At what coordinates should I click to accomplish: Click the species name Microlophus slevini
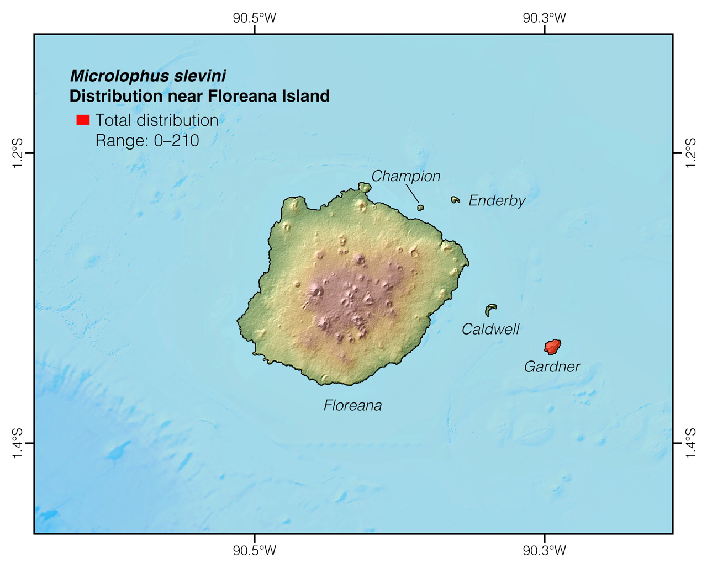(x=148, y=76)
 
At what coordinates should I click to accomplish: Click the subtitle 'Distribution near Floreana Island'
(x=199, y=96)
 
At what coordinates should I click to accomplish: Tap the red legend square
(x=83, y=120)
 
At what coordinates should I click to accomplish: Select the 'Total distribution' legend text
(x=157, y=120)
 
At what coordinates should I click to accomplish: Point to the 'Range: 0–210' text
(x=147, y=141)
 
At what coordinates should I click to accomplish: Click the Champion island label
(x=406, y=176)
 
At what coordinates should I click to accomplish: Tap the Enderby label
(x=497, y=200)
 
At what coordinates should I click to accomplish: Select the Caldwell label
(x=490, y=330)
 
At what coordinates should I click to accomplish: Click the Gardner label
(x=552, y=367)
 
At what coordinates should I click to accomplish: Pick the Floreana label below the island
(x=352, y=406)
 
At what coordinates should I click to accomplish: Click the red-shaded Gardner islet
(x=552, y=347)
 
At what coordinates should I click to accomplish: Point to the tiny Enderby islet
(x=455, y=200)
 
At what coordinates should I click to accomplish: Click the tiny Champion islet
(x=420, y=208)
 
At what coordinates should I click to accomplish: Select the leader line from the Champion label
(x=412, y=194)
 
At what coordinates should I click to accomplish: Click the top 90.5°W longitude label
(x=254, y=18)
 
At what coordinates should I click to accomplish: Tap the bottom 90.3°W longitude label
(x=545, y=550)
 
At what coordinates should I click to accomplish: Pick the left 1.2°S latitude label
(x=17, y=153)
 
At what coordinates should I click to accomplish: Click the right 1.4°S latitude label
(x=690, y=443)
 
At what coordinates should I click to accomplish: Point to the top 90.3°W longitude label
(x=545, y=18)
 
